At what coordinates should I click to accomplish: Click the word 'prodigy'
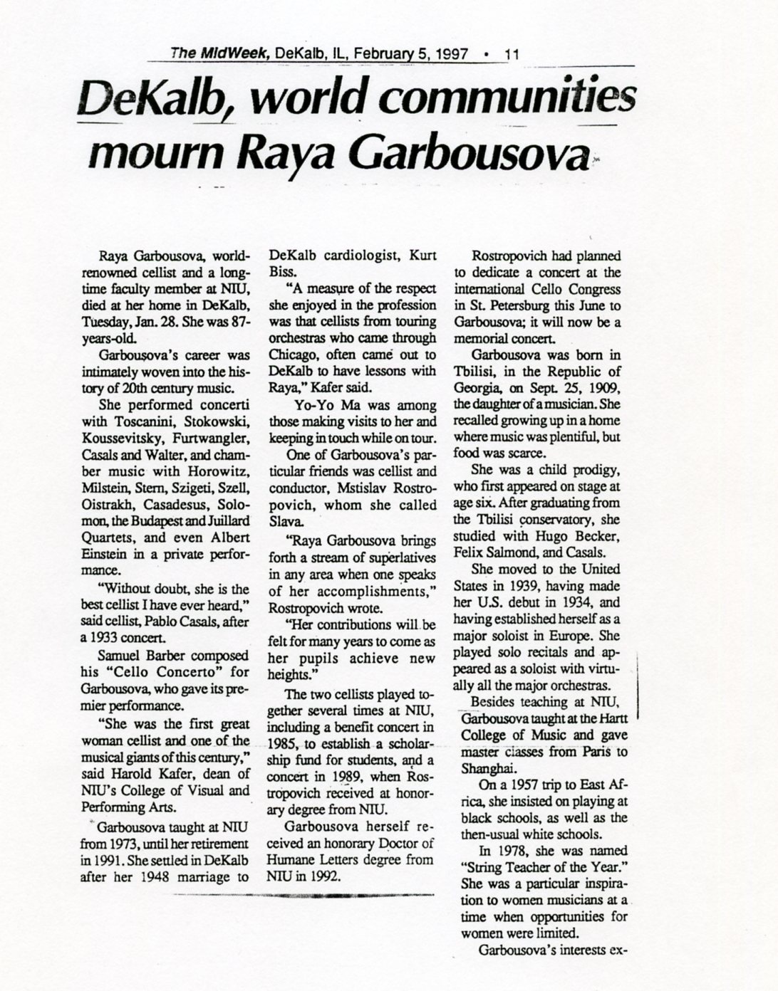tap(594, 471)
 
